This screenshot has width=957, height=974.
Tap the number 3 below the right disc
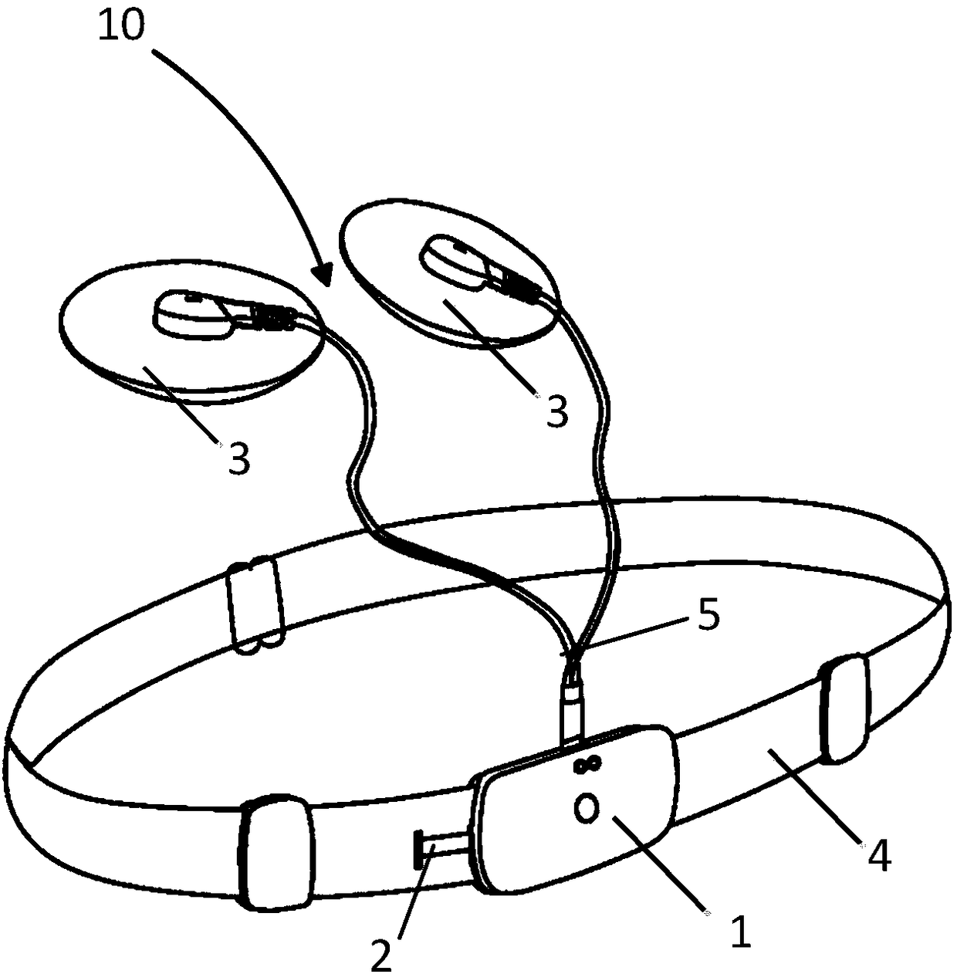click(x=557, y=411)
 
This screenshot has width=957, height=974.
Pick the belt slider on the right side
click(x=845, y=708)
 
